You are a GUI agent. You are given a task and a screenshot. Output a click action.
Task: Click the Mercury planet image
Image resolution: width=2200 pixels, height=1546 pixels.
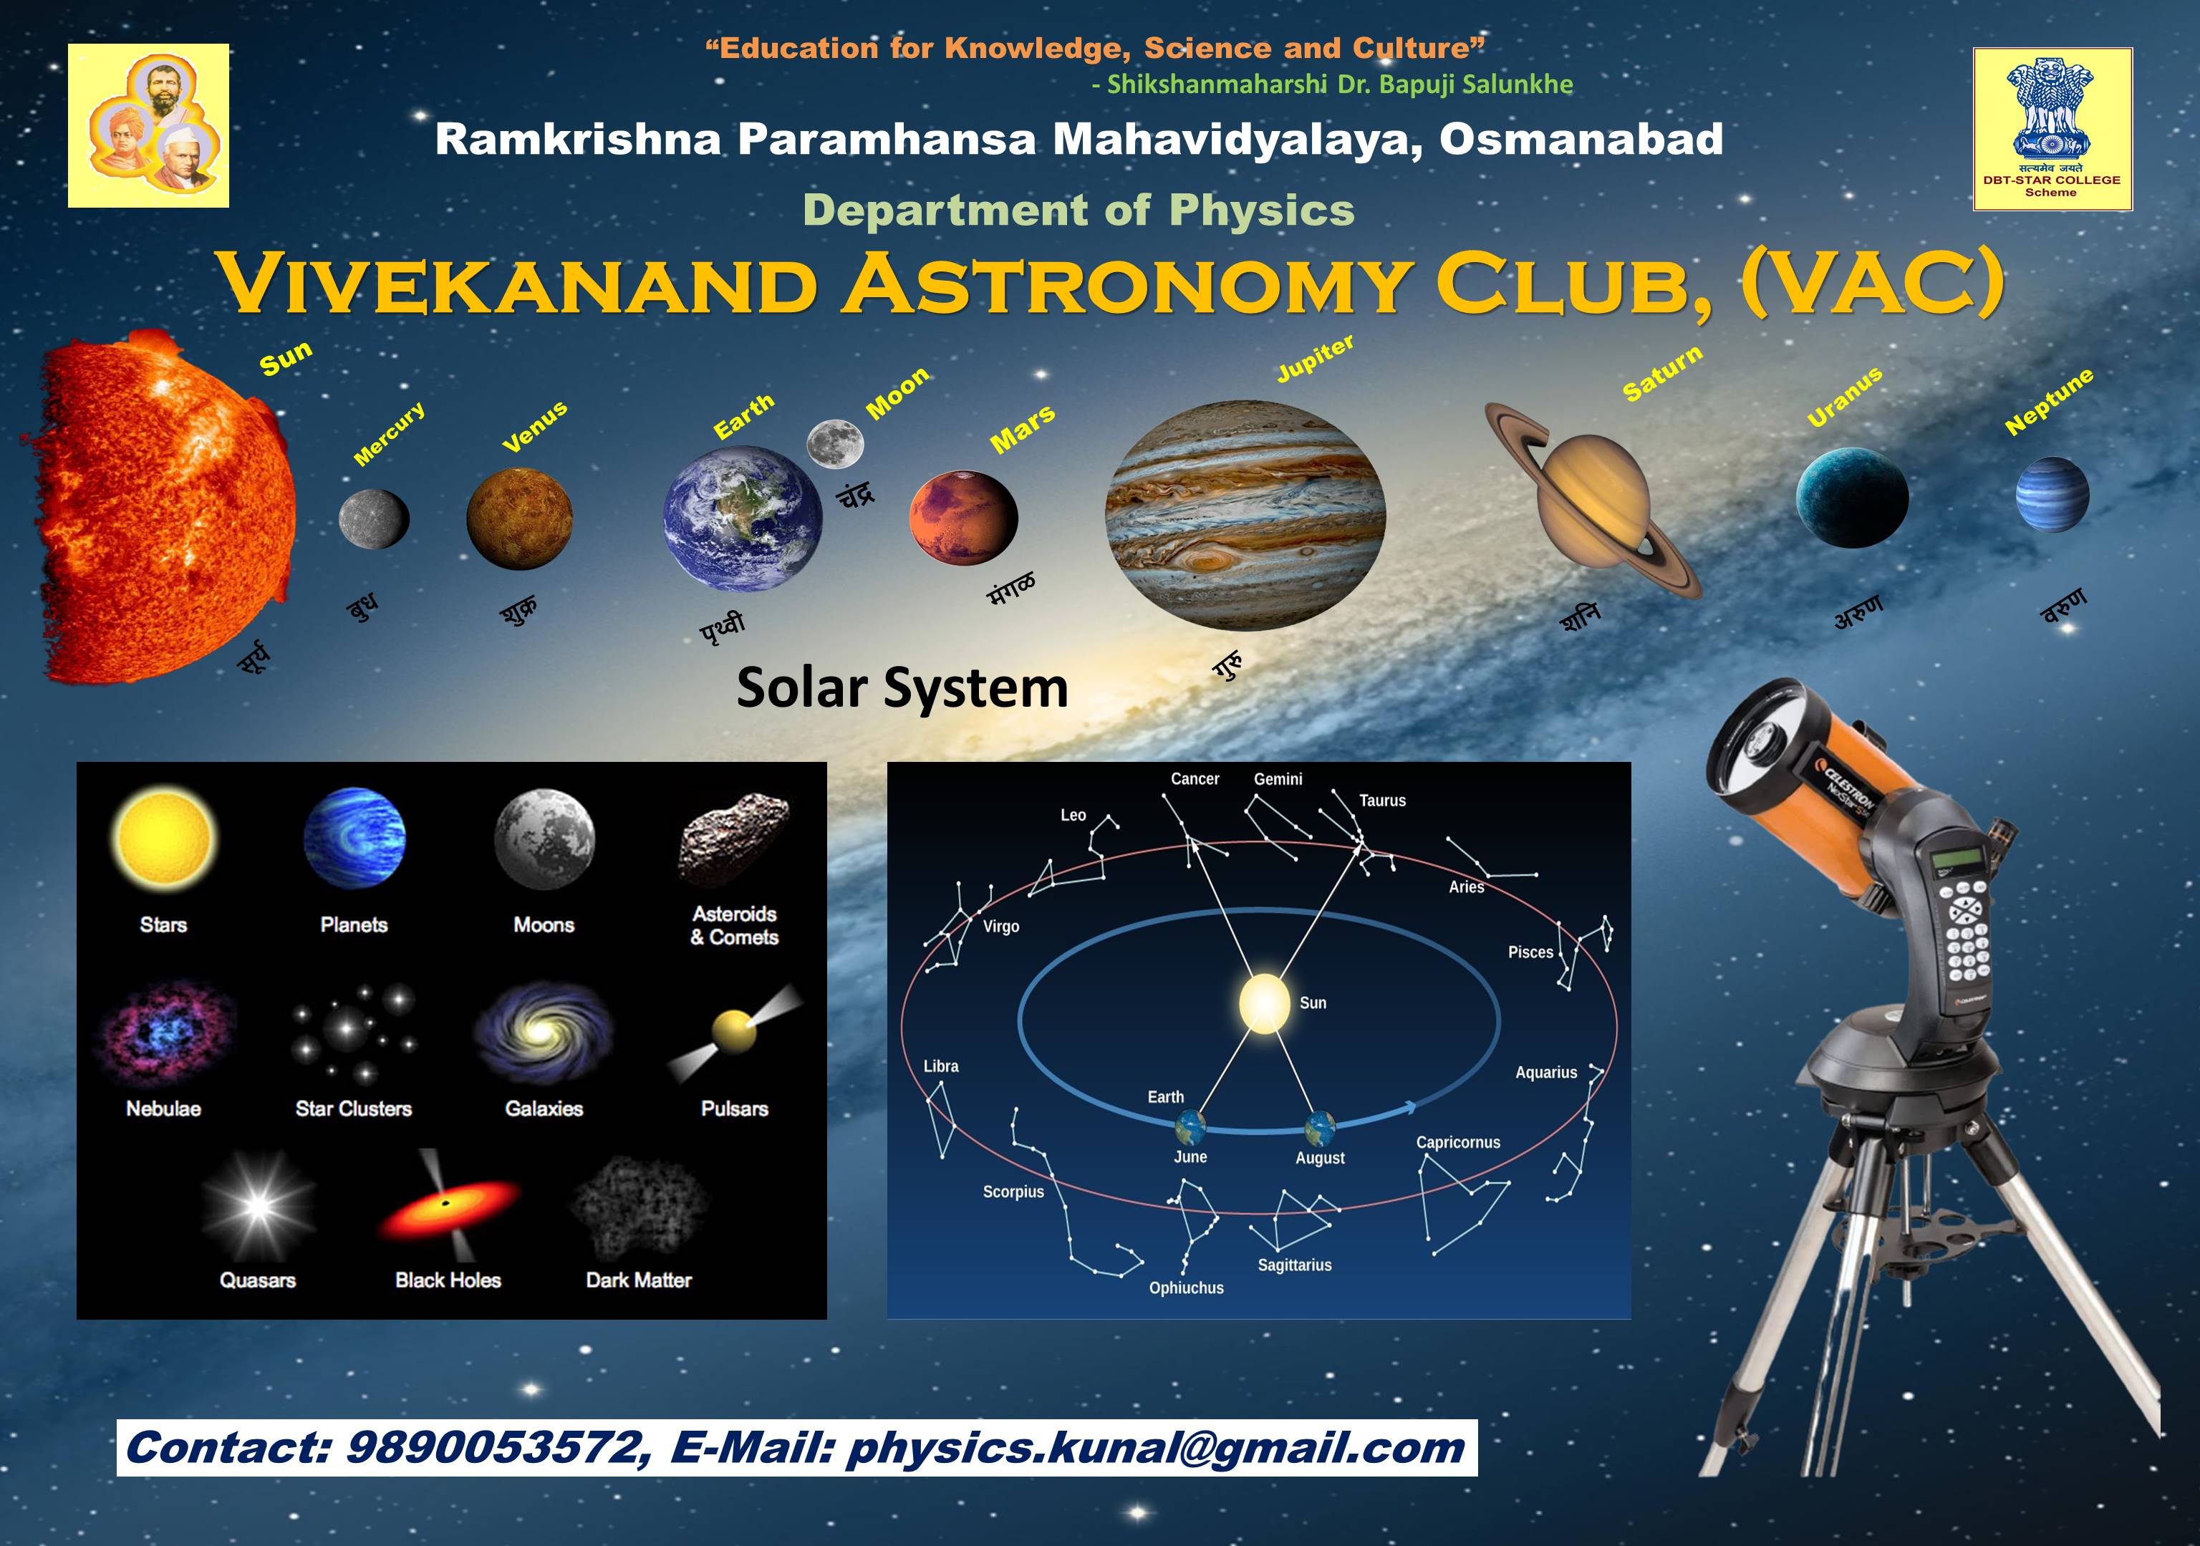coord(374,519)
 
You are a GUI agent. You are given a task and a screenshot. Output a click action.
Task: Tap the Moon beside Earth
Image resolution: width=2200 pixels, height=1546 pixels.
coord(834,443)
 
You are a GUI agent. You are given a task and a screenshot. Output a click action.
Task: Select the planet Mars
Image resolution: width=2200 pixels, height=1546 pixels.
coord(963,517)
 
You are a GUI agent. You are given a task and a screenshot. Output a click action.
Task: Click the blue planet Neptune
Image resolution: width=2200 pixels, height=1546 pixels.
coord(2052,494)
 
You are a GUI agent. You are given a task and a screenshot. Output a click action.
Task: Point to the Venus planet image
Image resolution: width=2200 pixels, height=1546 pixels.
coord(519,518)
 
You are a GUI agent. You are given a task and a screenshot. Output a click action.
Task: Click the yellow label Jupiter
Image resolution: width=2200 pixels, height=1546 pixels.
coord(1316,358)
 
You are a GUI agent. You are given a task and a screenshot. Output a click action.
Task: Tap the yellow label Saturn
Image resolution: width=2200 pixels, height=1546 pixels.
coord(1662,372)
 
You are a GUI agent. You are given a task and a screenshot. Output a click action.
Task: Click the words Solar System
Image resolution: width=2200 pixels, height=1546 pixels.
coord(902,687)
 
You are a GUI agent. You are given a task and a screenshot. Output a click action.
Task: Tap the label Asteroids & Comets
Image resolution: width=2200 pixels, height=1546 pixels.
coord(735,925)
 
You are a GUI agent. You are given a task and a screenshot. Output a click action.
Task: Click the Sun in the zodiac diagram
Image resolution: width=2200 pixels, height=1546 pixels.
coord(1264,1004)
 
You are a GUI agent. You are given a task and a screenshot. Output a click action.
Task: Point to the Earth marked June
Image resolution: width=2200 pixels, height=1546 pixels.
coord(1191,1127)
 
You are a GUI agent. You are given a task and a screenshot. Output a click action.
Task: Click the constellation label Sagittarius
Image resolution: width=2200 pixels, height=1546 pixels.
coord(1295,1265)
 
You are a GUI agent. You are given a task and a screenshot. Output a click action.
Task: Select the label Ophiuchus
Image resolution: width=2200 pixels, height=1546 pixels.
coord(1186,1288)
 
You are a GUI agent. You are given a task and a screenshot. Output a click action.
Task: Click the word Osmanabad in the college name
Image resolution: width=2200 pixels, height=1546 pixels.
coord(1581,140)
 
